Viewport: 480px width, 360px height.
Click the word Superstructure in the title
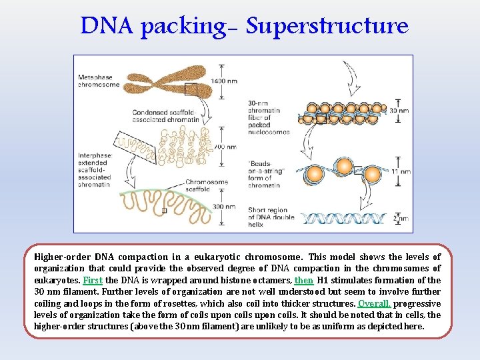click(x=327, y=26)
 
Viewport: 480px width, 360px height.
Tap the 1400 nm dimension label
click(x=224, y=81)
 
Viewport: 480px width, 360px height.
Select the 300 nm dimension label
click(x=224, y=207)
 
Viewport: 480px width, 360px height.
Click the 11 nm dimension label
click(x=399, y=171)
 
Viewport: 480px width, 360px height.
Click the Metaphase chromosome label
click(x=99, y=81)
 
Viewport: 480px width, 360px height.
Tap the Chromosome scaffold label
click(x=207, y=186)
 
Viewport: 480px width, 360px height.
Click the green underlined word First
click(x=92, y=281)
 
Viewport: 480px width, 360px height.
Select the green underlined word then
click(x=303, y=281)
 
